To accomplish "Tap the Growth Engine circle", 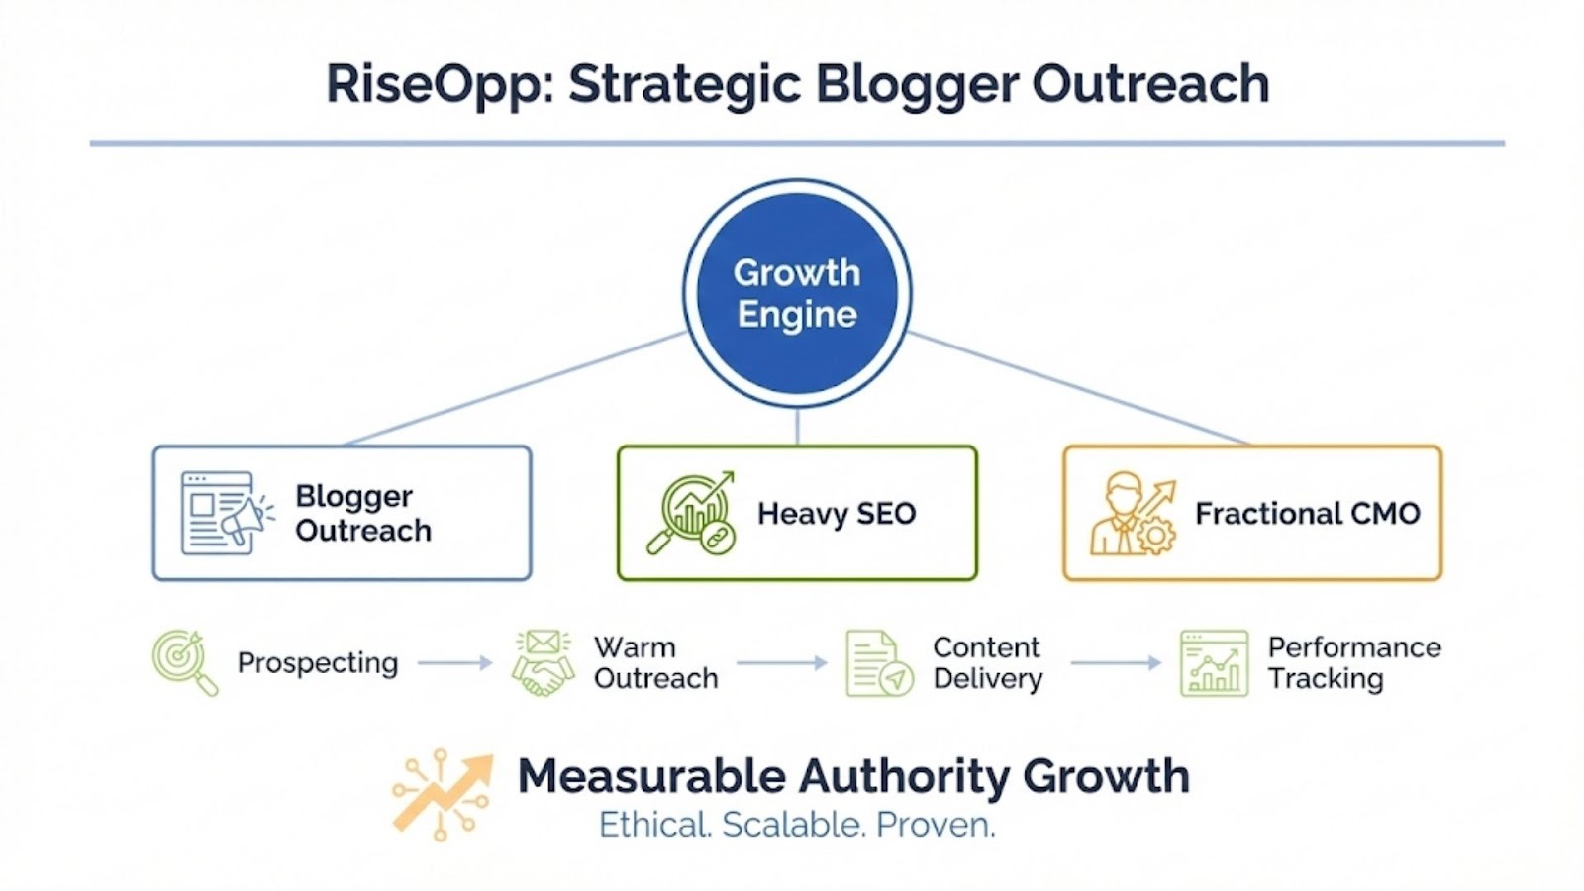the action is click(x=797, y=293).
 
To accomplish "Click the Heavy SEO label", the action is click(x=837, y=514).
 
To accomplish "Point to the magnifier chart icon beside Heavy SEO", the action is click(x=691, y=514).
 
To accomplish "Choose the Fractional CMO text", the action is click(x=1308, y=514).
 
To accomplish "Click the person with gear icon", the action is click(x=1133, y=514).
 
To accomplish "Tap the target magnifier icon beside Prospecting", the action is click(x=185, y=662).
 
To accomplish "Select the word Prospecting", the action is click(x=318, y=663).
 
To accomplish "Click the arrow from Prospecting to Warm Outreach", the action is click(x=454, y=662).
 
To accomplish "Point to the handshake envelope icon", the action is click(x=544, y=662).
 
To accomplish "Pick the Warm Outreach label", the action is click(x=655, y=662).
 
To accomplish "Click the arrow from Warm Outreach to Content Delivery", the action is click(x=782, y=662).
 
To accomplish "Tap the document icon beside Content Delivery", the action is click(x=880, y=663).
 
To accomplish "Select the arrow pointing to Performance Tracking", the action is click(x=1116, y=662).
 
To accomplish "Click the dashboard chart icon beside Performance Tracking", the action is click(x=1214, y=663).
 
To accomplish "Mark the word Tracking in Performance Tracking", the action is click(x=1326, y=679).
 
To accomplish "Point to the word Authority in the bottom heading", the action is click(x=904, y=777).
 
